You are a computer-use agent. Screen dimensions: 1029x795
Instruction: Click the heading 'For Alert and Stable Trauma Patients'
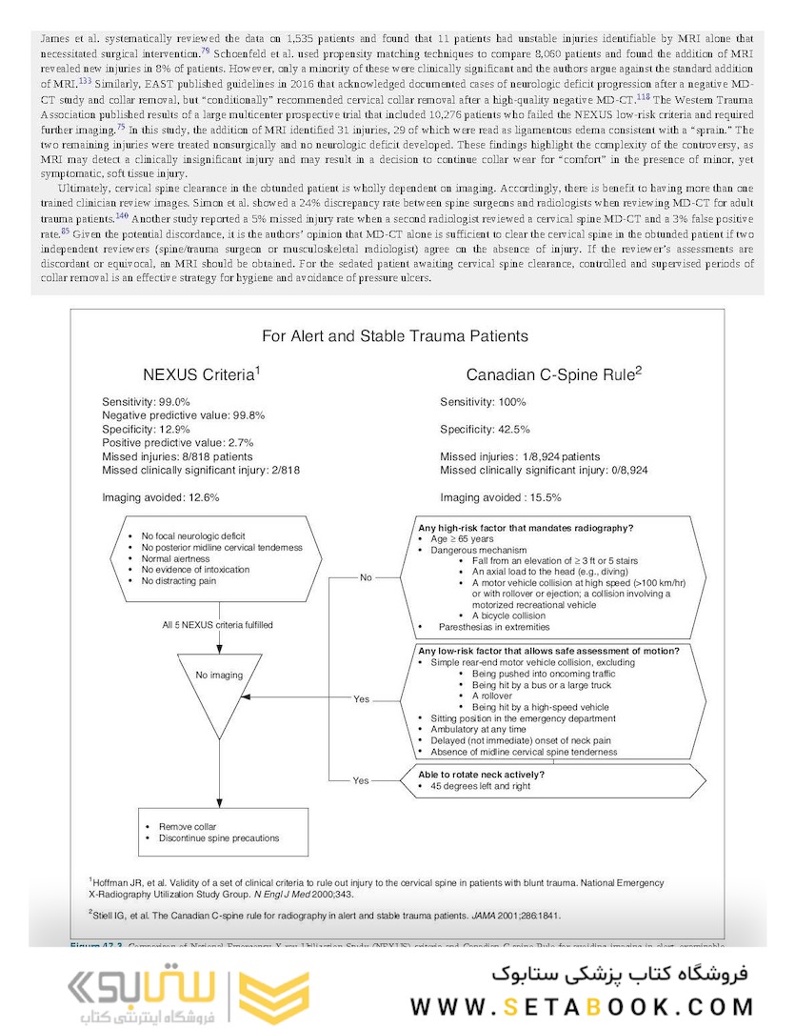(395, 336)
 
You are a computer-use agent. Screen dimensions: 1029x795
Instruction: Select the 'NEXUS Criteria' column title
(200, 374)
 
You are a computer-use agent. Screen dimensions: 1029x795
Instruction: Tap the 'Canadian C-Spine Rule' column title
(553, 374)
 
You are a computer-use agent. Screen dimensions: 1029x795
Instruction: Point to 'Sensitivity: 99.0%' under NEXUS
(147, 402)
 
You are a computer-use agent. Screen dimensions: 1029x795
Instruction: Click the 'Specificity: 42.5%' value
(486, 430)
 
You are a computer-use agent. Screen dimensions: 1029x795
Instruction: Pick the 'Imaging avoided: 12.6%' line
(161, 497)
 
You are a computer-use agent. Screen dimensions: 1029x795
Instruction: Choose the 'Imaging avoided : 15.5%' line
(501, 497)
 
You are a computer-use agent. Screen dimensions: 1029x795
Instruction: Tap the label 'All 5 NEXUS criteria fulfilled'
(217, 625)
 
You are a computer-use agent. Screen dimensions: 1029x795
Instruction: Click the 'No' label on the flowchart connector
(366, 577)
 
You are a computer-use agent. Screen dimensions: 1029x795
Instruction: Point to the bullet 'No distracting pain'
(179, 581)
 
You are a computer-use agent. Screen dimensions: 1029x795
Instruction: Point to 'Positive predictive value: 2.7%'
(175, 443)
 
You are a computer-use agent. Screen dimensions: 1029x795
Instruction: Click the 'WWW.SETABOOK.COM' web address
(582, 1006)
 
